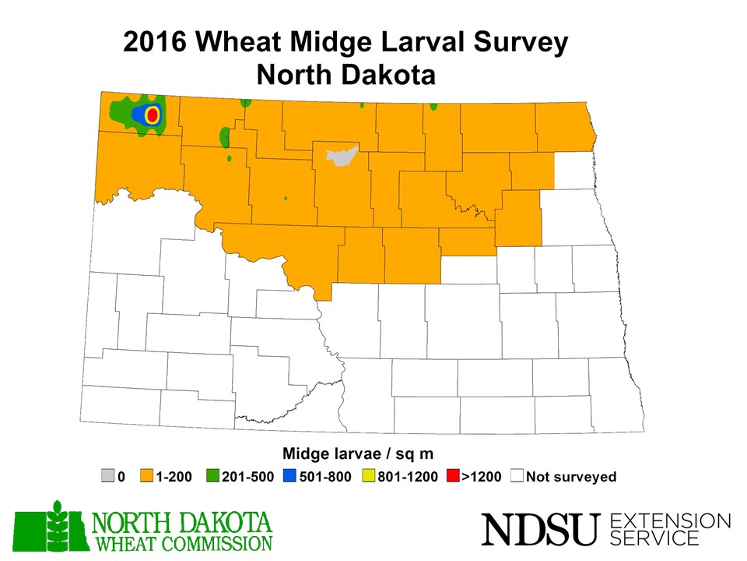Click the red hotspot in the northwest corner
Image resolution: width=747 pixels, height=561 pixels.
153,115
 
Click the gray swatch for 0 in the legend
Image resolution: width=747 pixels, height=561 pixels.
108,476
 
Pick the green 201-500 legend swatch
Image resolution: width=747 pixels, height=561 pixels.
213,476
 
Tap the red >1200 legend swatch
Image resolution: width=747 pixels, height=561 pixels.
452,476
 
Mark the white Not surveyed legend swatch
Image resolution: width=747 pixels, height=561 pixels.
517,476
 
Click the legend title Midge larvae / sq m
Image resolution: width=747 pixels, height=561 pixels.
357,453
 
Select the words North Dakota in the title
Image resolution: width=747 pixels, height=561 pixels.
345,76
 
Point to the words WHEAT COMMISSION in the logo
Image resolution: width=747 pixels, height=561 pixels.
183,542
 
